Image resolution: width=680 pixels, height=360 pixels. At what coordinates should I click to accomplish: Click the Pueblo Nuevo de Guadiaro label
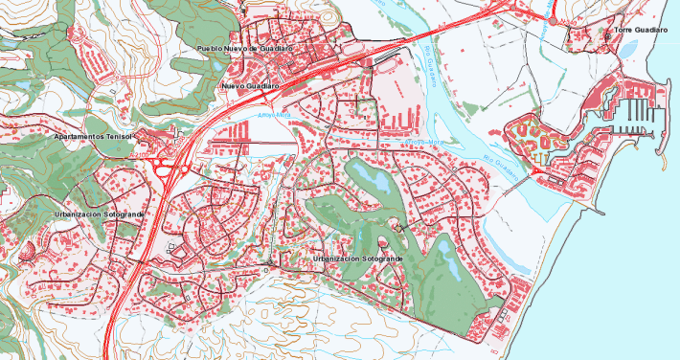243,48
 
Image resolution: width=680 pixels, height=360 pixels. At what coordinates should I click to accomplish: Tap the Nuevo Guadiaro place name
250,86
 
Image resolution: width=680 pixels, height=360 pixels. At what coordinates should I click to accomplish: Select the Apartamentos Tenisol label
92,137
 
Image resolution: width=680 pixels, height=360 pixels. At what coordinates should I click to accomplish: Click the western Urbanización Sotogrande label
99,214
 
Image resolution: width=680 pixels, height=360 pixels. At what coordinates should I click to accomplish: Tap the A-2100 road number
140,155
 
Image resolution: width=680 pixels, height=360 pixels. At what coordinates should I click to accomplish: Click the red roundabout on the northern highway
552,20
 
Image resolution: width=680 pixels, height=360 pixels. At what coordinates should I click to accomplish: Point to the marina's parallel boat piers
641,115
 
